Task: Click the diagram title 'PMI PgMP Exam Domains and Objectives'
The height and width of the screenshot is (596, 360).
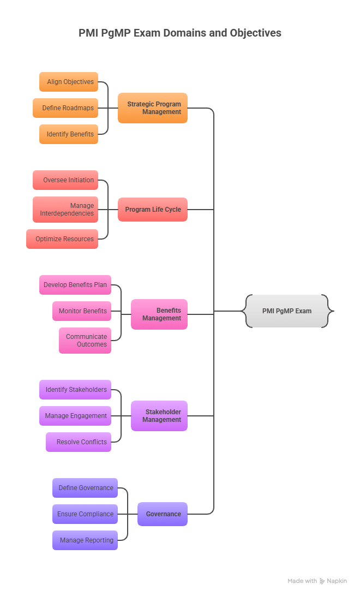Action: [x=180, y=33]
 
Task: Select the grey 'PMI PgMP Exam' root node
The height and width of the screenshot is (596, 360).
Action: [x=287, y=311]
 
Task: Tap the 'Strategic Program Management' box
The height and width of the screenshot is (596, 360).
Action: [x=153, y=108]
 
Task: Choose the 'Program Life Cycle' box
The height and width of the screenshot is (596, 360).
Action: [x=153, y=210]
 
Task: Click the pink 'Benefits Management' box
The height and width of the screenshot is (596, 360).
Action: [x=159, y=314]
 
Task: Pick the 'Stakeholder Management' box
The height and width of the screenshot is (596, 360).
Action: [x=159, y=416]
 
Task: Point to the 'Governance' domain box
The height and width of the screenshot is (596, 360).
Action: [x=163, y=514]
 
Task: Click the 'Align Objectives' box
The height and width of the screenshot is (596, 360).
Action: [x=69, y=82]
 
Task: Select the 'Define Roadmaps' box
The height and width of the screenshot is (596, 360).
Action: [x=65, y=108]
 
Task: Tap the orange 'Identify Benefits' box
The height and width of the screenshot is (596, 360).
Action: [x=69, y=134]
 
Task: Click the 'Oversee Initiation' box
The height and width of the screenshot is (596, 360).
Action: [x=65, y=180]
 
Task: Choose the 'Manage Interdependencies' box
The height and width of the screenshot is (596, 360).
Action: [x=65, y=210]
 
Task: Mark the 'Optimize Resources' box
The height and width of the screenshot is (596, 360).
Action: [x=62, y=239]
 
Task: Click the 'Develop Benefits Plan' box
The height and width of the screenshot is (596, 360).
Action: [x=75, y=285]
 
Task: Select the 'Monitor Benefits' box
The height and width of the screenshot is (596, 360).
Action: [x=82, y=311]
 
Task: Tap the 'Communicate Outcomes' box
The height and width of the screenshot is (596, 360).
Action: [x=85, y=341]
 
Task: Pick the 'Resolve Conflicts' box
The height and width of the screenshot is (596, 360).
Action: [x=79, y=442]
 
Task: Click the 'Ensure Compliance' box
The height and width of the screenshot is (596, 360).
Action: [x=85, y=514]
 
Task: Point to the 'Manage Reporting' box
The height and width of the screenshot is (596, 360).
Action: [x=85, y=540]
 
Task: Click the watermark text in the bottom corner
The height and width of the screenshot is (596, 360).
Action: [x=317, y=581]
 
